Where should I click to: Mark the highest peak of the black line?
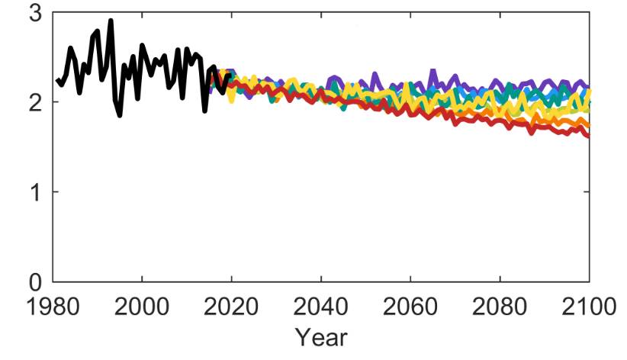click(x=111, y=20)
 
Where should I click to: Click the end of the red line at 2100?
click(x=589, y=137)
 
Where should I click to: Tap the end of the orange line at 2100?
click(x=589, y=126)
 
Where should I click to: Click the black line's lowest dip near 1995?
click(x=120, y=115)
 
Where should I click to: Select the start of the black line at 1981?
click(x=57, y=79)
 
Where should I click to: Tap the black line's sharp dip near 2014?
click(x=204, y=111)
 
